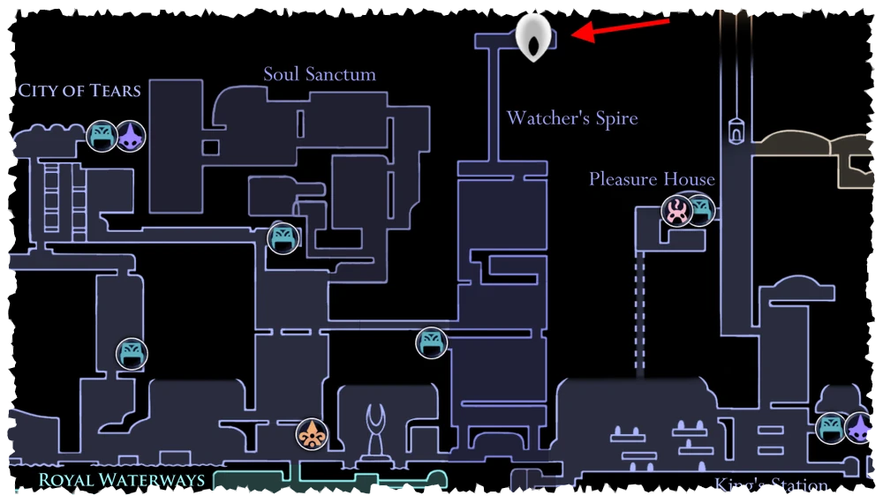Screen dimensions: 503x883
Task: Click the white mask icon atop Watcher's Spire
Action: coord(534,37)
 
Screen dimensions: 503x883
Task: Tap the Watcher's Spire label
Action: coord(571,118)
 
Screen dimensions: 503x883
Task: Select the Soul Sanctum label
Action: coord(320,74)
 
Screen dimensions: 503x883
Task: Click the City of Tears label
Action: coord(79,90)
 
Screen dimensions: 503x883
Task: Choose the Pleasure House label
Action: coord(652,179)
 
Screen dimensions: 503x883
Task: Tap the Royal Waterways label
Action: coord(122,481)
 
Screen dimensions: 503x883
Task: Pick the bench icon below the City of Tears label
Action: coord(102,136)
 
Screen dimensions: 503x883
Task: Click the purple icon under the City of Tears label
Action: coord(132,136)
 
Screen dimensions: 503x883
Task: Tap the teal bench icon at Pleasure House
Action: coord(701,210)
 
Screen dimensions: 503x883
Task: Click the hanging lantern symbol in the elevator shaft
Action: coord(735,130)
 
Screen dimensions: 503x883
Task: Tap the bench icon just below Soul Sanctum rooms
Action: coord(283,237)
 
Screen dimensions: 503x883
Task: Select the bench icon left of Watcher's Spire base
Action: coord(431,342)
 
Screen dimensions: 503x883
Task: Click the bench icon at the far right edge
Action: coord(831,427)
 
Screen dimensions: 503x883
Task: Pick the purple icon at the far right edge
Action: coord(859,427)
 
